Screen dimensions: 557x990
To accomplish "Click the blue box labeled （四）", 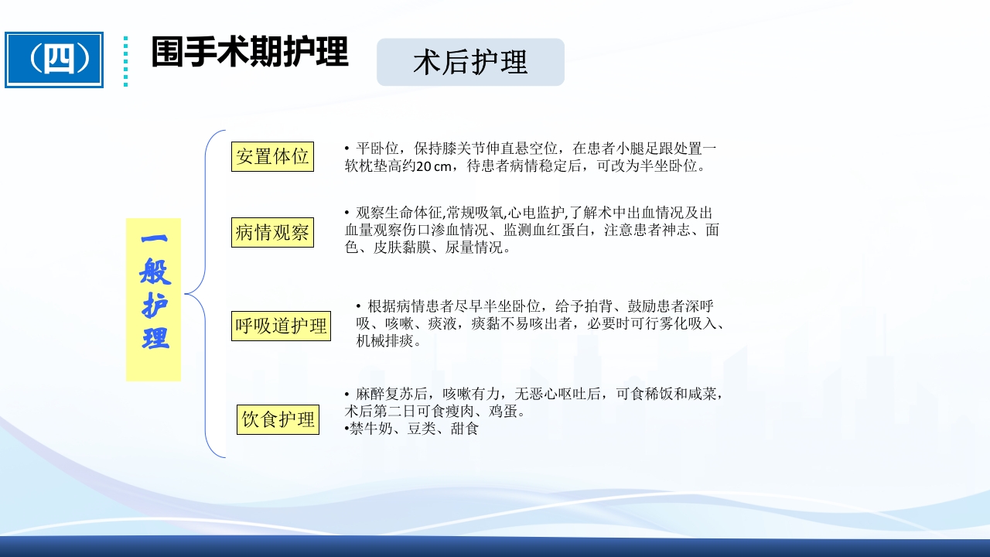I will (54, 60).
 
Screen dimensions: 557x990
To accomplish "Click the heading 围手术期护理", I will (249, 53).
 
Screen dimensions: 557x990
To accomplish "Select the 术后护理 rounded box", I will (470, 62).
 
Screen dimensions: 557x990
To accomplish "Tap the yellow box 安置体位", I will (272, 156).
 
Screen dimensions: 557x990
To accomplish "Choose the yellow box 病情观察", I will (272, 232).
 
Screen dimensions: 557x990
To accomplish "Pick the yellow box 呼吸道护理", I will (282, 326).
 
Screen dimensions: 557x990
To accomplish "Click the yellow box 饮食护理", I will (278, 419).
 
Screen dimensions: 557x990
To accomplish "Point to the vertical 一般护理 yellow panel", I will (153, 299).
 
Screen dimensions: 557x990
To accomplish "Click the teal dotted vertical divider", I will (125, 60).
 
